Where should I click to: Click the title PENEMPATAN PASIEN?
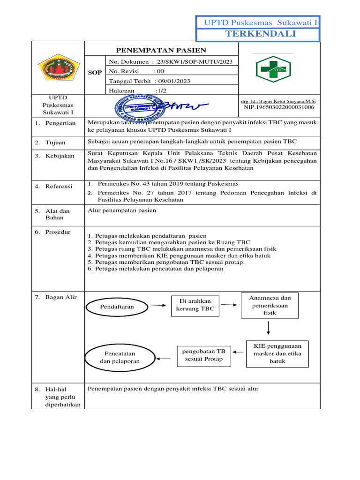[161, 51]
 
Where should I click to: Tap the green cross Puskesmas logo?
[273, 69]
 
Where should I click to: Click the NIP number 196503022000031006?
[278, 107]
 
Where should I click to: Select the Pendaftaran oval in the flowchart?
[117, 307]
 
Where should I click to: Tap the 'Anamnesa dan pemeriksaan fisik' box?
[270, 305]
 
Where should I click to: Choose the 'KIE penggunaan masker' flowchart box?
[277, 353]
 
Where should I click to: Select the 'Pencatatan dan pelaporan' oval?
[120, 358]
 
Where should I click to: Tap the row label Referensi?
[59, 187]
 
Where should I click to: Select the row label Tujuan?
[55, 142]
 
